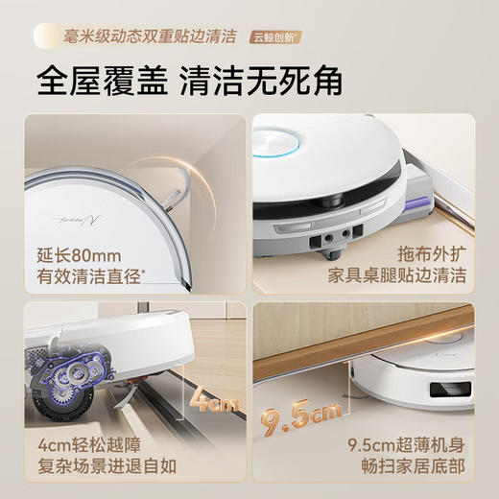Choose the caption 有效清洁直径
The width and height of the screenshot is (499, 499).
80,279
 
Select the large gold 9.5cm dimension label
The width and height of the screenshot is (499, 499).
298,417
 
